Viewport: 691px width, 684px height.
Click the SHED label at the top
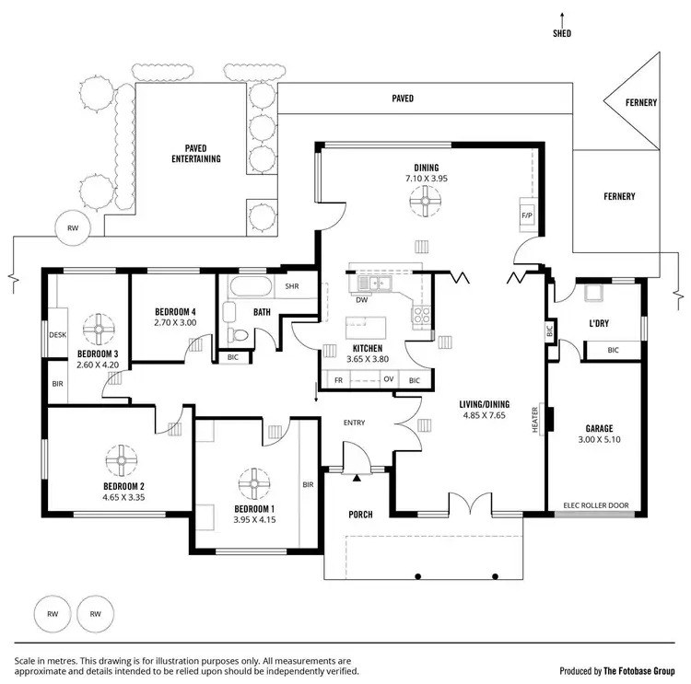[562, 33]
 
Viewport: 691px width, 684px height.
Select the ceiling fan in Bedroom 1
[251, 483]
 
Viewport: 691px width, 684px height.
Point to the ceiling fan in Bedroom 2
[122, 458]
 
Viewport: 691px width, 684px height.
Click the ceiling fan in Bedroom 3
[97, 328]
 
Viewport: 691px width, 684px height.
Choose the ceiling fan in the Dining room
[426, 200]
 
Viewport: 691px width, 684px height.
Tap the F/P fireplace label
[527, 216]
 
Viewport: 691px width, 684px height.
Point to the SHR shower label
[292, 286]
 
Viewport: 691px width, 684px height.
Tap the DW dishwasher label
[361, 299]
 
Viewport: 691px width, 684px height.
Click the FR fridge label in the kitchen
[338, 379]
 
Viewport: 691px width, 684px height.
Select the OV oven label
[389, 379]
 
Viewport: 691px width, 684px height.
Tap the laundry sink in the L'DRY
[591, 294]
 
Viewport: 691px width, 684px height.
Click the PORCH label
[360, 514]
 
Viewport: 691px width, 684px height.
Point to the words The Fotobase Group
[641, 670]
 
